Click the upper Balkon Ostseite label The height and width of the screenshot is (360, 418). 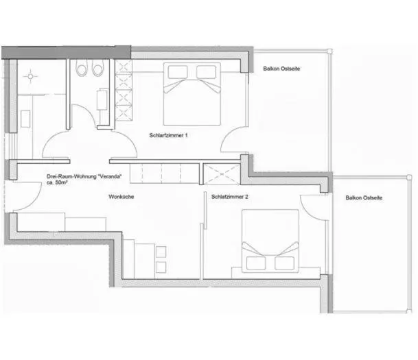point(283,69)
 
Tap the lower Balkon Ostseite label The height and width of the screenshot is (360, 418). point(364,197)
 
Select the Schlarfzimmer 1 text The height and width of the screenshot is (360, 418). point(168,135)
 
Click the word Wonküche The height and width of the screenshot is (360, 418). point(121,197)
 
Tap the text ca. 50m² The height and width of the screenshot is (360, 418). point(60,183)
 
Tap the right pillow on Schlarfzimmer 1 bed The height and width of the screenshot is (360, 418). point(207,72)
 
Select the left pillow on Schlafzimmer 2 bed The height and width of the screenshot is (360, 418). point(255,262)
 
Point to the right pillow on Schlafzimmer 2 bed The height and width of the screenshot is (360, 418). point(283,262)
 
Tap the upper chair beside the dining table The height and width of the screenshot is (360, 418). point(161,251)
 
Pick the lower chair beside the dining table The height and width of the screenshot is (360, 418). point(161,265)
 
